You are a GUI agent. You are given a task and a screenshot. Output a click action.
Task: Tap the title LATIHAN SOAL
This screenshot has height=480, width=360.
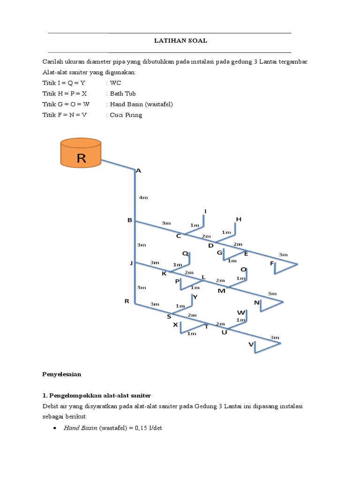(x=181, y=41)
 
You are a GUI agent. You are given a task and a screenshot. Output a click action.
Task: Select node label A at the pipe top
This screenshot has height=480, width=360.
(x=138, y=171)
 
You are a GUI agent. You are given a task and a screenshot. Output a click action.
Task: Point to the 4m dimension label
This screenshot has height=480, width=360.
(x=143, y=198)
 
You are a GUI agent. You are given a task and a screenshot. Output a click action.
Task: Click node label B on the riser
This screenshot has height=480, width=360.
(x=129, y=220)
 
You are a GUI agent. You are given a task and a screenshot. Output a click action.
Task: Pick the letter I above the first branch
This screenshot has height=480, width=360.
(x=205, y=211)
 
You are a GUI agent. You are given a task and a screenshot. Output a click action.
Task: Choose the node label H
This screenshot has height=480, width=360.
(x=238, y=219)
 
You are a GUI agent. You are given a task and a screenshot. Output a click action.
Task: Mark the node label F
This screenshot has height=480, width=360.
(x=272, y=264)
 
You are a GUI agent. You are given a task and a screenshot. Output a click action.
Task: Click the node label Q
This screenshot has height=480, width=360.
(x=185, y=254)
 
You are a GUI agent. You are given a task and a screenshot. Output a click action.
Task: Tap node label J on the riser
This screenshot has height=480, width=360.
(x=131, y=263)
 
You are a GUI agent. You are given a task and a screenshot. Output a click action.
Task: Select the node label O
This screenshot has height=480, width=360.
(x=243, y=270)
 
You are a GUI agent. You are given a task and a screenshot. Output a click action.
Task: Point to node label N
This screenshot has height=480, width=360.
(x=256, y=303)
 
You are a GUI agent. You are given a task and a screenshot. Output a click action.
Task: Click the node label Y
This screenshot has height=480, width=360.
(x=195, y=297)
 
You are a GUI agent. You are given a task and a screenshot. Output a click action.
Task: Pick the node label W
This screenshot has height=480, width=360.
(x=241, y=312)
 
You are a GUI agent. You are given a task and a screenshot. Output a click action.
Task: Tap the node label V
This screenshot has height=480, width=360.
(x=251, y=345)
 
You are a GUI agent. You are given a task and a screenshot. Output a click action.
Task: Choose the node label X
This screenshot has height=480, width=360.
(x=175, y=324)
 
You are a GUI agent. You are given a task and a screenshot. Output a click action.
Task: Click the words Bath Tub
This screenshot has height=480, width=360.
(x=123, y=93)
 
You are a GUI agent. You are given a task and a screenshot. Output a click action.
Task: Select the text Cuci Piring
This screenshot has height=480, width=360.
(x=126, y=115)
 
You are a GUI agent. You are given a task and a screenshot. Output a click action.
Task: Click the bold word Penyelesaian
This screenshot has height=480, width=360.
(x=62, y=374)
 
